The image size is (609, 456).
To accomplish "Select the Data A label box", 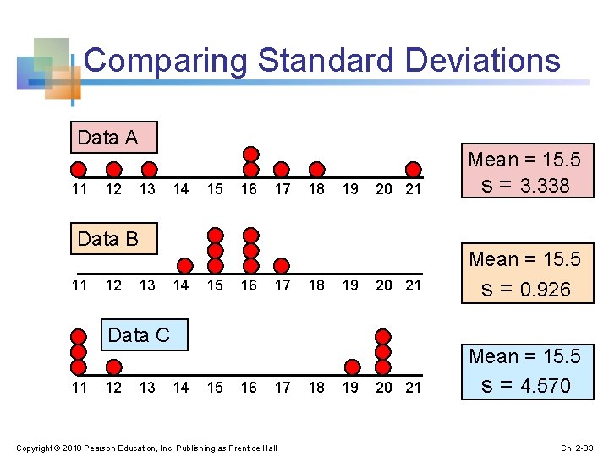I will (x=114, y=138).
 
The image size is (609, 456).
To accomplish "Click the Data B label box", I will (x=114, y=239).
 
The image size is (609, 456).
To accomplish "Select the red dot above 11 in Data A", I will (x=79, y=168).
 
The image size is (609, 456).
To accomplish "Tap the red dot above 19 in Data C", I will (x=351, y=366).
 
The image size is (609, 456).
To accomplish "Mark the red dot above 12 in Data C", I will (x=113, y=366).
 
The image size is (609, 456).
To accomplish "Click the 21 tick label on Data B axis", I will (x=414, y=285).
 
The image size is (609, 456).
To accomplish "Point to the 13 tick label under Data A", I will (x=147, y=189).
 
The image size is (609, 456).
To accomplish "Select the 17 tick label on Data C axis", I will (x=283, y=388).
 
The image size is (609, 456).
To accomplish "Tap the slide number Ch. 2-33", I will (x=579, y=447).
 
